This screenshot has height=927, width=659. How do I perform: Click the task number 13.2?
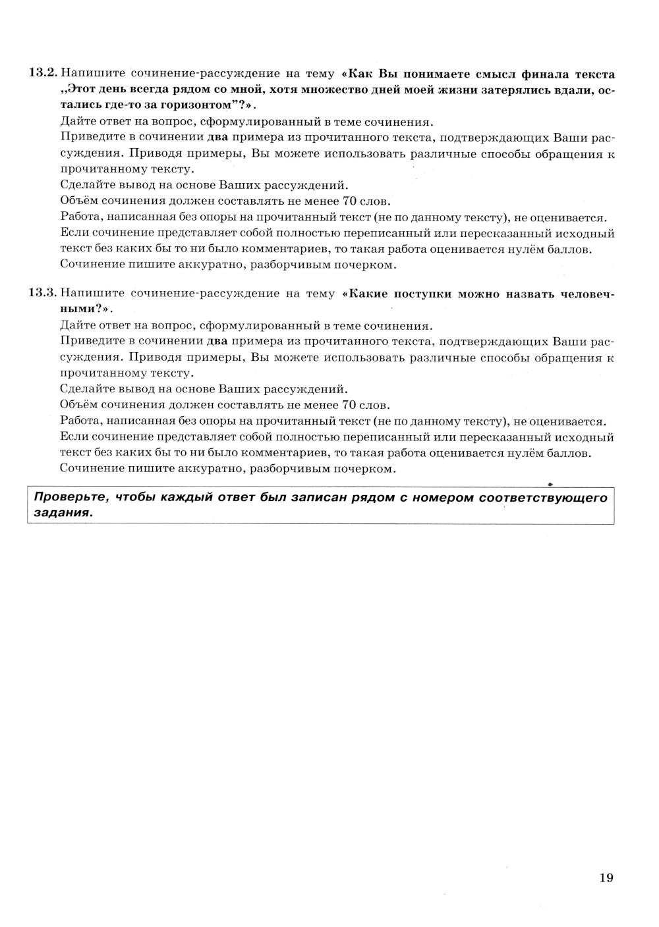pos(43,73)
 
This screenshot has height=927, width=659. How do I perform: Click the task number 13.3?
pos(43,294)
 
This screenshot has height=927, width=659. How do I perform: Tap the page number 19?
pos(606,877)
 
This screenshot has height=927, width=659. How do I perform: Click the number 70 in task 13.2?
pos(350,201)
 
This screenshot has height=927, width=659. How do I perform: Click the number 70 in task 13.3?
pos(350,405)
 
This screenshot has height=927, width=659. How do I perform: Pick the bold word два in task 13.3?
pos(217,341)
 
